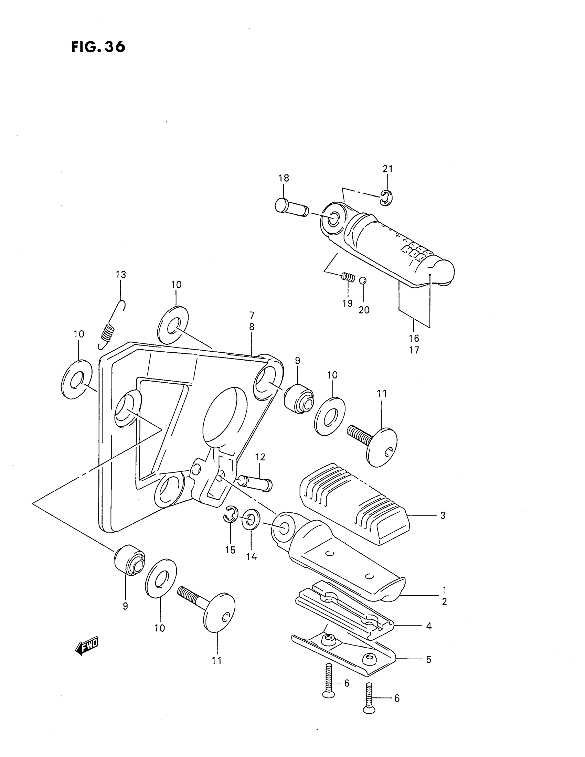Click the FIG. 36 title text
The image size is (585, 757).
coord(98,47)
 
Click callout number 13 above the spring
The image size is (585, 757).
coord(120,275)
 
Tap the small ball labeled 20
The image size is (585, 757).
coord(362,280)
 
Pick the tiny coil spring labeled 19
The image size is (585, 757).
coord(348,277)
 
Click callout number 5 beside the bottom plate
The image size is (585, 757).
coord(429,660)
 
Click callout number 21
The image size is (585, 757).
coord(387,169)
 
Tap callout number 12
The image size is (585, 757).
coord(260,457)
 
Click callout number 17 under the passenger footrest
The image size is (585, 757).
coord(414,350)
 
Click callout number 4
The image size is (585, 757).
coord(429,626)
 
